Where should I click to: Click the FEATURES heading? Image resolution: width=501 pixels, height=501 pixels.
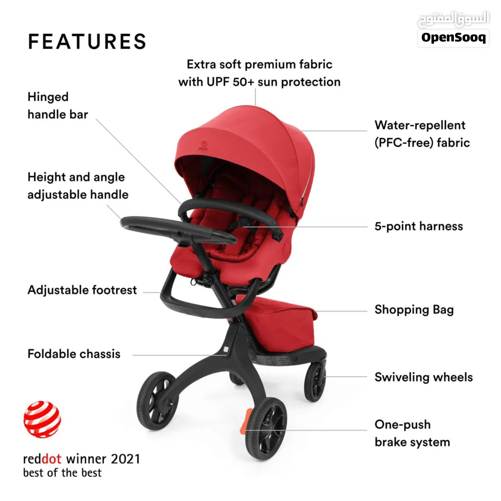[87, 42]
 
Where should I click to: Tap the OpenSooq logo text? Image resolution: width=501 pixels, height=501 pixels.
[454, 38]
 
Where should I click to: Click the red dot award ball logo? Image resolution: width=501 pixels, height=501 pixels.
[42, 419]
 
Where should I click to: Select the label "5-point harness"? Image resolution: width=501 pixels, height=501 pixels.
[419, 226]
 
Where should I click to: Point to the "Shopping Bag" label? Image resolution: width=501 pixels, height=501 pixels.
[414, 310]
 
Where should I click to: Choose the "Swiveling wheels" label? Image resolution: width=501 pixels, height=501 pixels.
[424, 377]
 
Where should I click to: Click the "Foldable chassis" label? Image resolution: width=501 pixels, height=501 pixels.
[74, 354]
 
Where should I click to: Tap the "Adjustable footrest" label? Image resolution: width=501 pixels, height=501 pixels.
[82, 290]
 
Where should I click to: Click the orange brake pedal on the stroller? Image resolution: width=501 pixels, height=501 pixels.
[246, 421]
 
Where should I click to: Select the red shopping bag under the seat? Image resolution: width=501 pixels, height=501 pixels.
[278, 323]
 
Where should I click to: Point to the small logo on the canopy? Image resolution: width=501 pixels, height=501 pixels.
[204, 145]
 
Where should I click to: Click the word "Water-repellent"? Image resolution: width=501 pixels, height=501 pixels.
[420, 125]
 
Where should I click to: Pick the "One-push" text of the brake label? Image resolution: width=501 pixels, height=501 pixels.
[403, 425]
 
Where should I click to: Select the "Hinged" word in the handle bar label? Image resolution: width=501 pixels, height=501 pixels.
[48, 97]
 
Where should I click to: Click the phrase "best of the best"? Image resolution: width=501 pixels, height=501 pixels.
[62, 473]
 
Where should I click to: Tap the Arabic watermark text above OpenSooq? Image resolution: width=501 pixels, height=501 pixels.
[454, 19]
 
